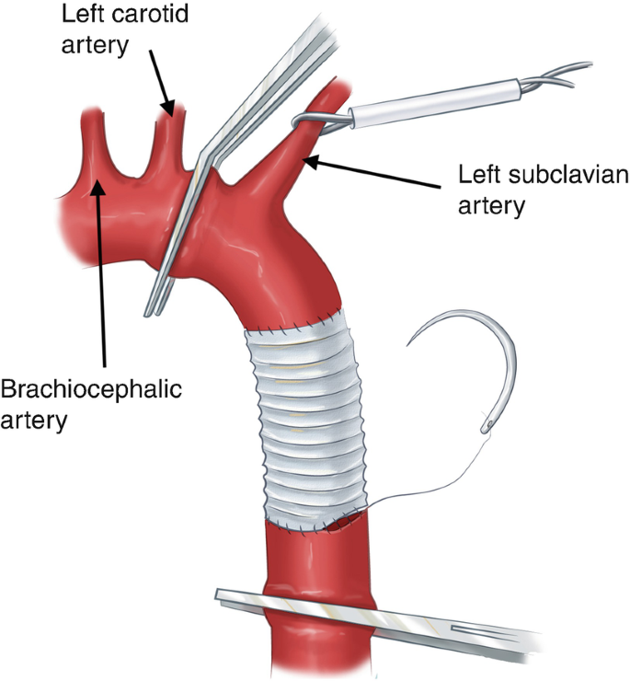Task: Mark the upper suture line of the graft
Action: pyautogui.click(x=285, y=324)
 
